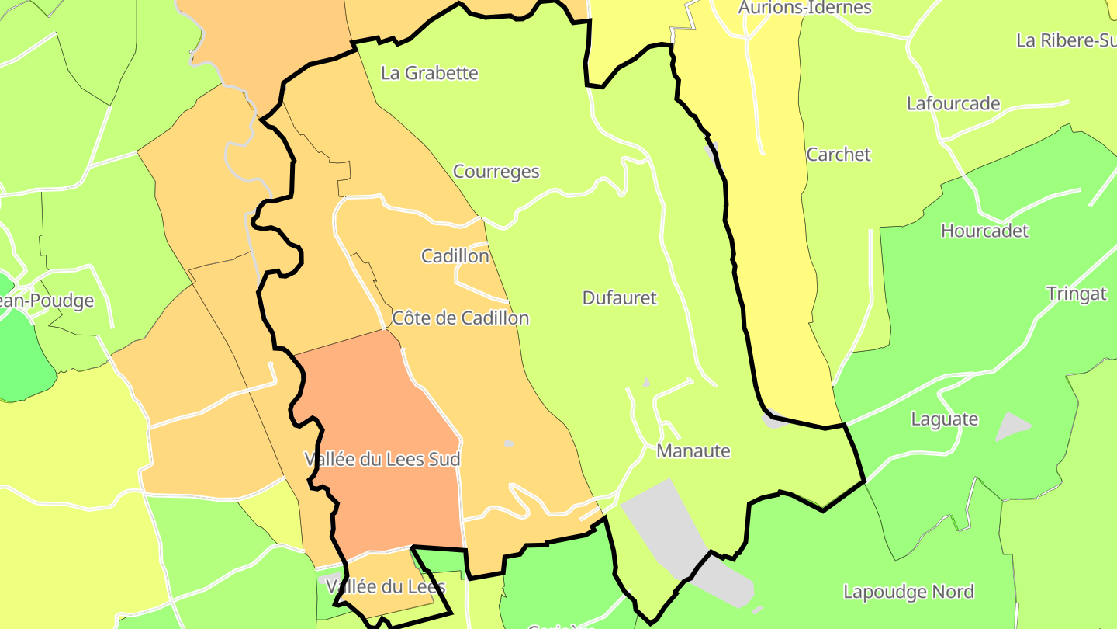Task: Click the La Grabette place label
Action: click(430, 73)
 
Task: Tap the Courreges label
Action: click(496, 172)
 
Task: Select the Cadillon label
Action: click(455, 255)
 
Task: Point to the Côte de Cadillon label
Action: click(461, 318)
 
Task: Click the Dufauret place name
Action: click(619, 297)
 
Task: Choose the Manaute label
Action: click(693, 450)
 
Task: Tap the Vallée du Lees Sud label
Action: click(382, 459)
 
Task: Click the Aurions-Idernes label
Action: click(805, 8)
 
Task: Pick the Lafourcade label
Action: click(953, 103)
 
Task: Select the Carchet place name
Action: click(839, 154)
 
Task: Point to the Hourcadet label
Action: click(984, 231)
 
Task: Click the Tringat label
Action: click(1076, 294)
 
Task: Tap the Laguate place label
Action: click(944, 419)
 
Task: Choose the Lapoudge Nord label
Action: click(908, 592)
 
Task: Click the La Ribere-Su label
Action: click(1066, 40)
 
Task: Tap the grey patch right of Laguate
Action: click(1012, 426)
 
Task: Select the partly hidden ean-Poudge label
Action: click(47, 301)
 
